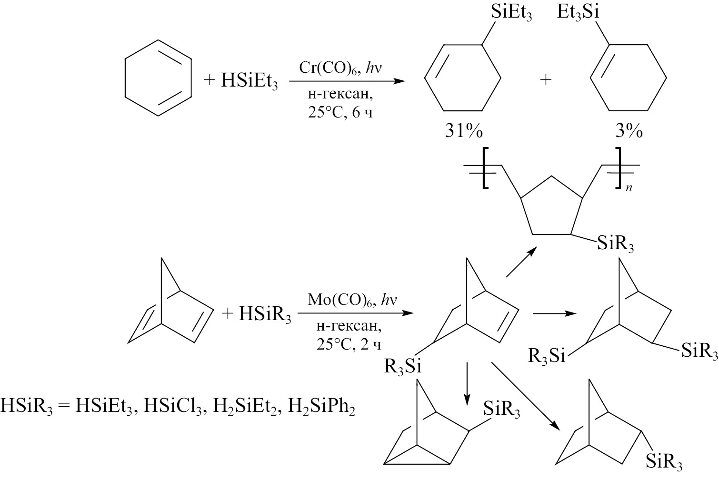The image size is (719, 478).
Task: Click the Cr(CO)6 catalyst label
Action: click(328, 68)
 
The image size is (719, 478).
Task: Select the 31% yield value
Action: click(463, 132)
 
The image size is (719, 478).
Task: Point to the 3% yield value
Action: click(629, 132)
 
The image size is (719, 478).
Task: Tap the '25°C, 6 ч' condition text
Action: click(344, 114)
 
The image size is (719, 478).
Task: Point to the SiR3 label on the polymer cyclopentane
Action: click(615, 245)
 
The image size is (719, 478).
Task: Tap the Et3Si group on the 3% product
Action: click(577, 13)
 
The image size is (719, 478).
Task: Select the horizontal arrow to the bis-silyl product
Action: click(554, 314)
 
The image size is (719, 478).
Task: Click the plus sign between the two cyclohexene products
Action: click(546, 80)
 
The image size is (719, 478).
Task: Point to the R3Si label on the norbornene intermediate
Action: click(403, 367)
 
